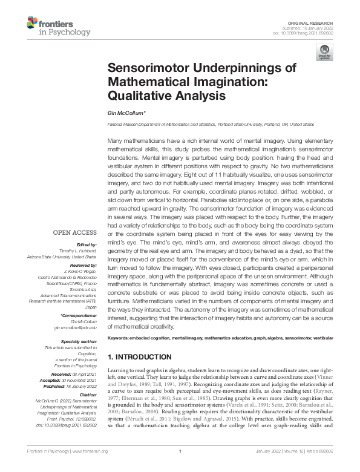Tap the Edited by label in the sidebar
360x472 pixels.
pyautogui.click(x=87, y=244)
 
